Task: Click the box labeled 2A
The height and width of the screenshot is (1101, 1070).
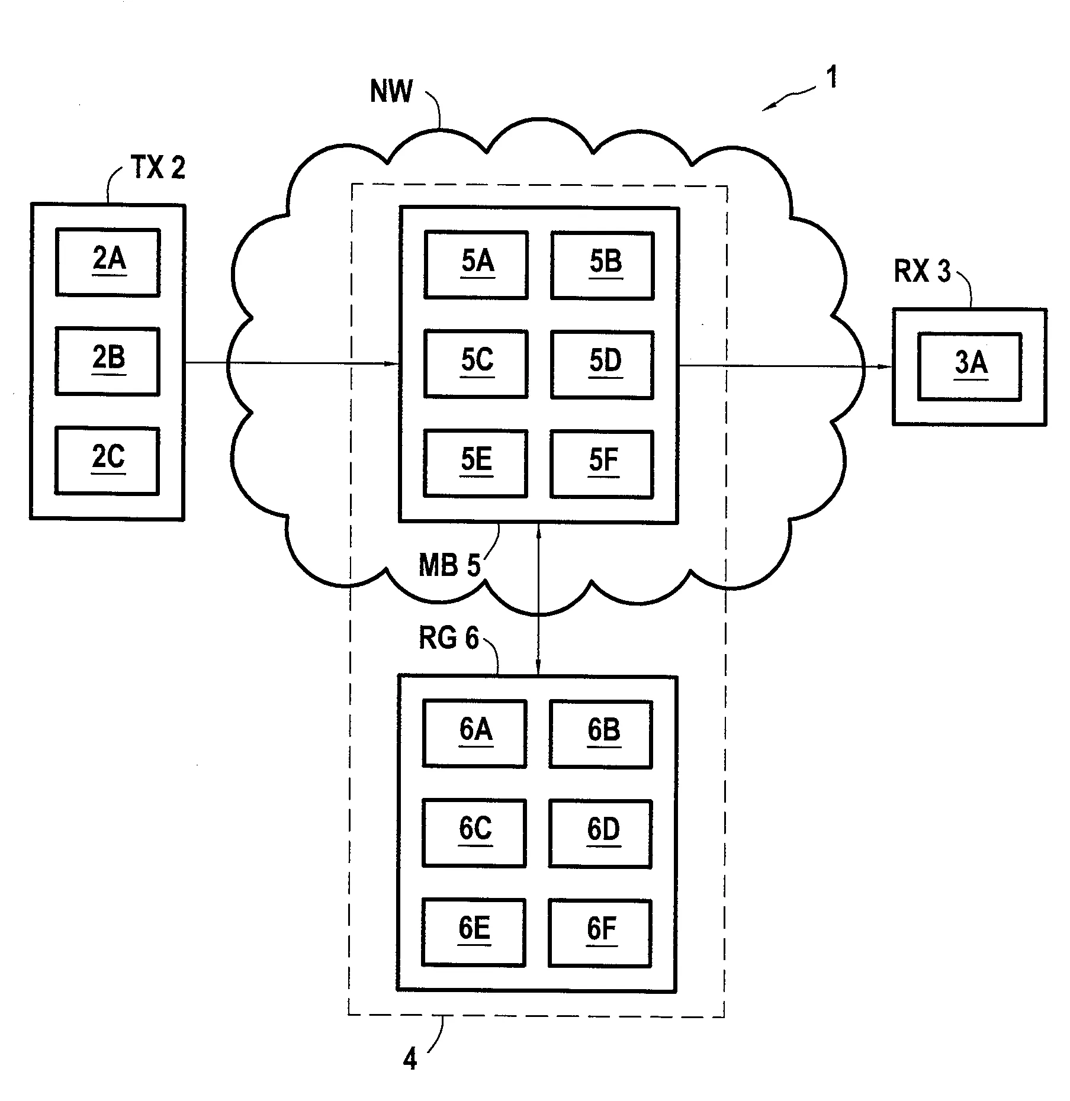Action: (x=108, y=262)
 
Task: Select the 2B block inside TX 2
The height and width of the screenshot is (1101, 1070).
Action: (x=107, y=360)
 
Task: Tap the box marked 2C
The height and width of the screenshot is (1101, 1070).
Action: (x=107, y=460)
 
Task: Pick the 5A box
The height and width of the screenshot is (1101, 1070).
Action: (x=476, y=264)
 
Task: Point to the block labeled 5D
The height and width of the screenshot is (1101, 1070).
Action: (x=602, y=363)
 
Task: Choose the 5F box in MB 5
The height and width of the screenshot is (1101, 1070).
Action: (x=602, y=463)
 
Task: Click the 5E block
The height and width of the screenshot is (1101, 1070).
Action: (x=475, y=463)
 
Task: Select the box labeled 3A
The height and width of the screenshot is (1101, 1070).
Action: (x=969, y=366)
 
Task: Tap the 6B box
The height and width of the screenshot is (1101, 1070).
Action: (x=601, y=733)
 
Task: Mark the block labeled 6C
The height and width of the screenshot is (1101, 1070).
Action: (x=474, y=832)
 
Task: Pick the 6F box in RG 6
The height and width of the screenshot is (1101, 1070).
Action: (x=600, y=932)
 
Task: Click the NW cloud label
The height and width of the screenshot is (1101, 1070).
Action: (x=391, y=92)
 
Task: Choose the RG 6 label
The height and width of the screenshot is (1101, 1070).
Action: (x=448, y=638)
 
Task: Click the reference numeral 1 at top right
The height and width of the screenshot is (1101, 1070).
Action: (x=832, y=78)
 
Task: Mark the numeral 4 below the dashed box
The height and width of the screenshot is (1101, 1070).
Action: (x=410, y=1059)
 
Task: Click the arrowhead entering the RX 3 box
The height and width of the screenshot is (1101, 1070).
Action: (x=886, y=366)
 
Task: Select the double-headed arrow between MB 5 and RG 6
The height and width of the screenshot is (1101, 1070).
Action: (x=538, y=598)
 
